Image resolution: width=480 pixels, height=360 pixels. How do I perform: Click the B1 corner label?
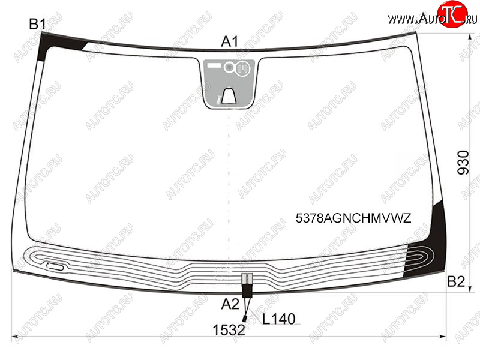tap(38, 24)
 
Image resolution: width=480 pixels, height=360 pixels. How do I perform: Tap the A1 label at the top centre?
tap(230, 41)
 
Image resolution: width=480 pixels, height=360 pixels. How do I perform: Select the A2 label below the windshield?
tap(230, 304)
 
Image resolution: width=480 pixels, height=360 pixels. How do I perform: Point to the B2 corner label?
tap(456, 281)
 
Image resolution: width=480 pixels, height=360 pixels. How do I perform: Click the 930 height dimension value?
tap(463, 163)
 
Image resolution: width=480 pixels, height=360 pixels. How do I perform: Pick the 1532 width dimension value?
tap(229, 331)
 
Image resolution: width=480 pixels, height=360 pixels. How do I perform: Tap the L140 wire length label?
tap(279, 319)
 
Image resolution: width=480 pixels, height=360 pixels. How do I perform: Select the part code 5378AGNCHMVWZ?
tap(353, 218)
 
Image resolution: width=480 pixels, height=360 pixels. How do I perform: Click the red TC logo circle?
tap(452, 14)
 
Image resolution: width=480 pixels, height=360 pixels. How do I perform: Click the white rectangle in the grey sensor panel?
tap(214, 65)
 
